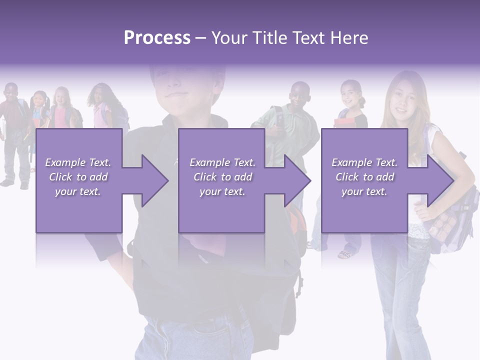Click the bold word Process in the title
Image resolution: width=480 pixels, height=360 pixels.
tap(157, 38)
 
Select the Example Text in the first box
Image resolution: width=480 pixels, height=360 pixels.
tap(78, 162)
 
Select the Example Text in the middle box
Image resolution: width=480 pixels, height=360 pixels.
tap(222, 162)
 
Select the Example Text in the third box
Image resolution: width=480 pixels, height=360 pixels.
tap(364, 162)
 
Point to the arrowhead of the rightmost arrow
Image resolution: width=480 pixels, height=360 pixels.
tap(440, 180)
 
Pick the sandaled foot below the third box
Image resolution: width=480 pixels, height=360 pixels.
tap(345, 254)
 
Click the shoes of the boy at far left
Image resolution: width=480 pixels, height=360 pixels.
tap(15, 183)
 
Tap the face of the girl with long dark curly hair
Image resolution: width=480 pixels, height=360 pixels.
tap(98, 96)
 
